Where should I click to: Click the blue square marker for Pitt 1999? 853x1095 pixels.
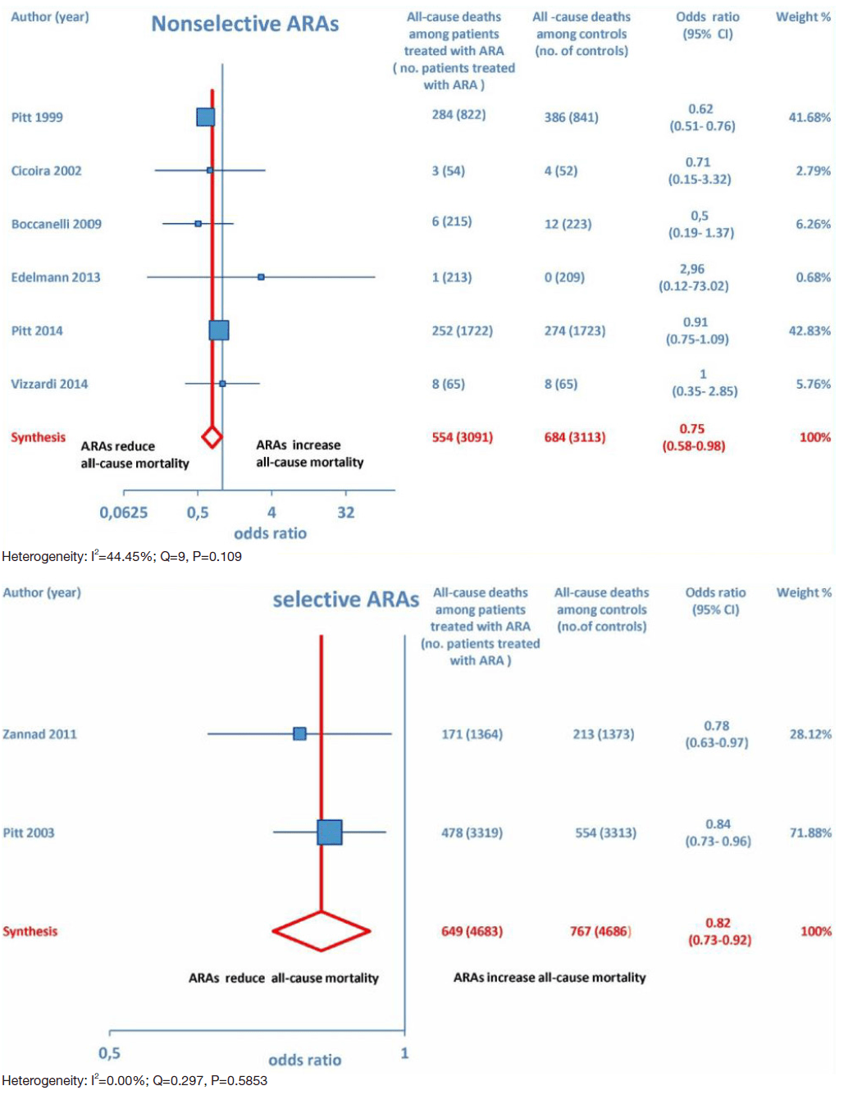tap(206, 116)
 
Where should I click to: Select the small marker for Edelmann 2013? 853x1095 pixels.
tap(261, 277)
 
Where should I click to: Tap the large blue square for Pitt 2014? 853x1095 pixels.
tap(219, 331)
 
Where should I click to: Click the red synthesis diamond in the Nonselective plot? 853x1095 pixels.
tap(212, 437)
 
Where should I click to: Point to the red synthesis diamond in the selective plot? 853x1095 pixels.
tap(322, 931)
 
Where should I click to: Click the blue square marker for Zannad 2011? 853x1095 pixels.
tap(300, 733)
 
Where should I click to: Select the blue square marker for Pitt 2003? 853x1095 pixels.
tap(330, 832)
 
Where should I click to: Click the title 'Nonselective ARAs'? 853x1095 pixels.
tap(244, 24)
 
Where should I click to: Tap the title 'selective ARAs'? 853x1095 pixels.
tap(345, 600)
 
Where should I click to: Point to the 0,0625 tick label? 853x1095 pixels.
tap(124, 513)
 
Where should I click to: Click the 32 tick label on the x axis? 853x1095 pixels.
tap(346, 513)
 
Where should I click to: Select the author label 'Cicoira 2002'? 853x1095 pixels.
tap(46, 171)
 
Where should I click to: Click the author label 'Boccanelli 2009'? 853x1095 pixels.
tap(56, 224)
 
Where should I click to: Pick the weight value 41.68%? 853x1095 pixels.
tap(810, 117)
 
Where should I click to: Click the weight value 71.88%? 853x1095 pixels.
tap(810, 833)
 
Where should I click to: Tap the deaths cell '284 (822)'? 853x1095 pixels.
tap(458, 115)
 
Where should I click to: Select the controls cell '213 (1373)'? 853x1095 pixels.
tap(603, 734)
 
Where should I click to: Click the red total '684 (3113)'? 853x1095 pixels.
tap(574, 437)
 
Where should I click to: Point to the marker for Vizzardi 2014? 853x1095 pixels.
tap(222, 383)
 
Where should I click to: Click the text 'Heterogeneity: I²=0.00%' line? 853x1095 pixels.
tap(135, 1080)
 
